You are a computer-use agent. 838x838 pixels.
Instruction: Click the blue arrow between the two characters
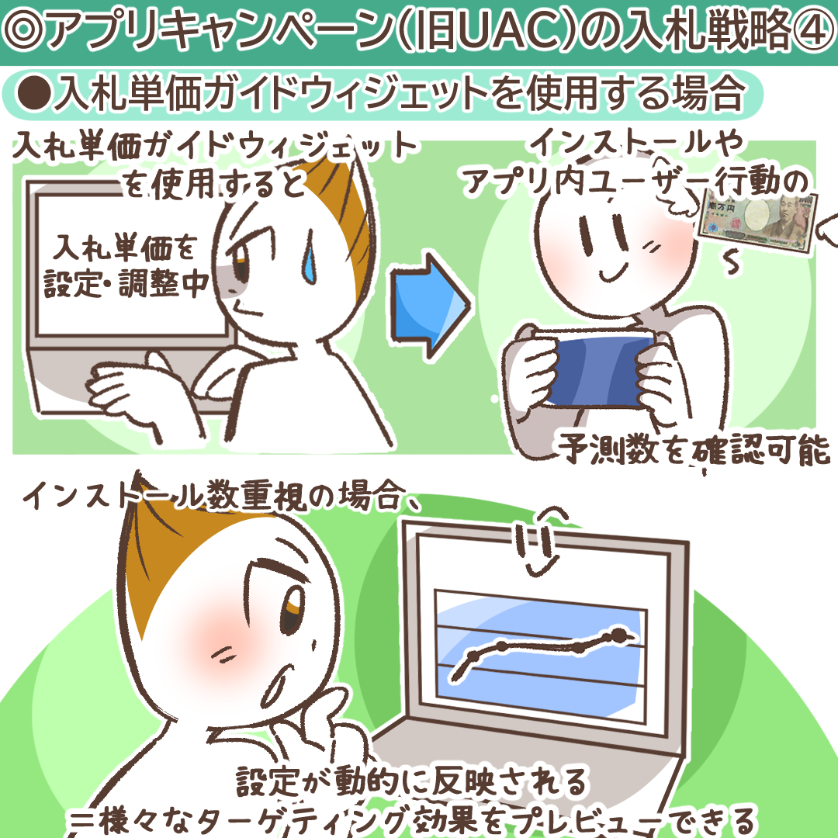pyautogui.click(x=429, y=305)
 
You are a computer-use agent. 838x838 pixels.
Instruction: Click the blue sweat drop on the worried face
pyautogui.click(x=310, y=257)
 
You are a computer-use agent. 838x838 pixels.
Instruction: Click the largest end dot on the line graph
pyautogui.click(x=619, y=635)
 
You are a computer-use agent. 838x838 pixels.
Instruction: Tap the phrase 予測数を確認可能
pyautogui.click(x=694, y=449)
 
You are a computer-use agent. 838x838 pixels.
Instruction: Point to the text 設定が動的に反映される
pyautogui.click(x=411, y=782)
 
